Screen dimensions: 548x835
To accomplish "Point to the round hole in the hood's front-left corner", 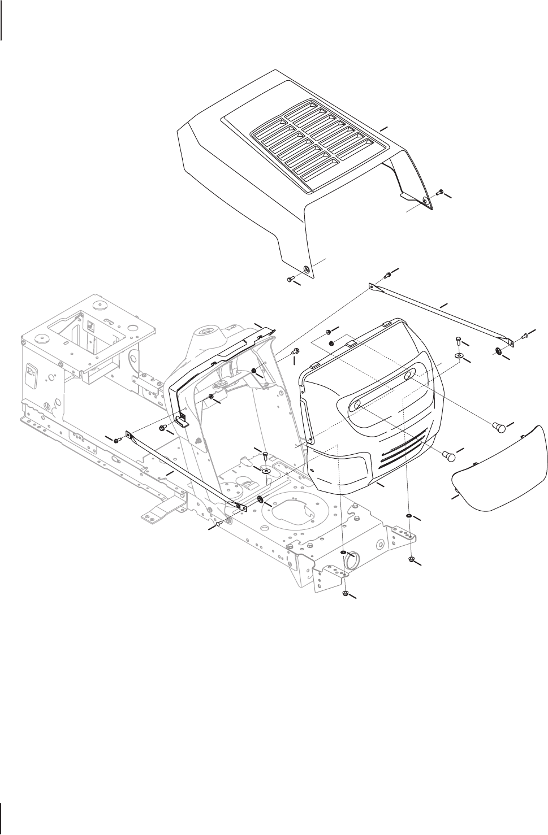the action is (307, 269).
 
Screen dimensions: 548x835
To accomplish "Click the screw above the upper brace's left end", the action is (388, 275).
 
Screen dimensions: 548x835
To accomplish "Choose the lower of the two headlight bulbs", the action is (448, 454).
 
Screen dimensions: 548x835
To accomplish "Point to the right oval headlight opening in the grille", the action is (408, 376).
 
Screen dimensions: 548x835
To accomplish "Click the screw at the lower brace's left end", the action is (117, 439).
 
